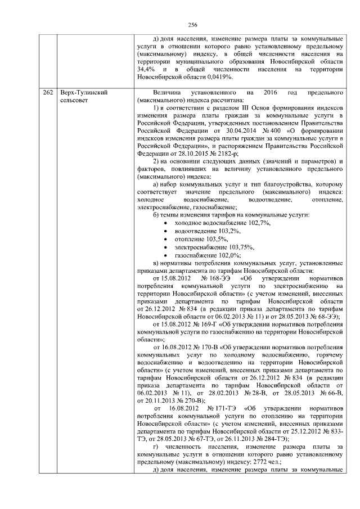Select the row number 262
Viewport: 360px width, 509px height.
(47, 92)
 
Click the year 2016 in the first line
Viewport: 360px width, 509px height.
(274, 92)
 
